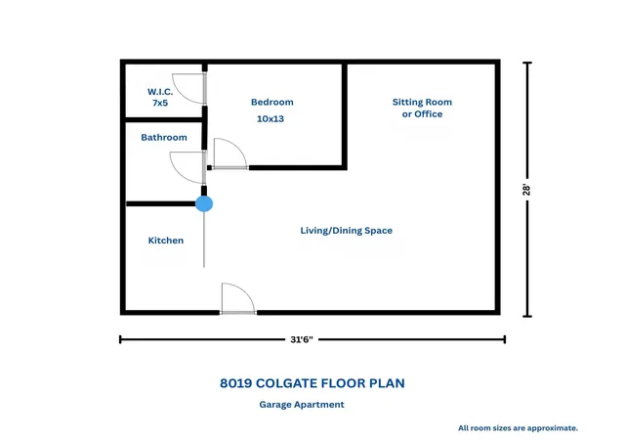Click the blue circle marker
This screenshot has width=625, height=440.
[204, 203]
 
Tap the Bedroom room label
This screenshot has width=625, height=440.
[272, 103]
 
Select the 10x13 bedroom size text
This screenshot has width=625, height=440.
[271, 118]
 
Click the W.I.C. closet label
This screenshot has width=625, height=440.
[160, 92]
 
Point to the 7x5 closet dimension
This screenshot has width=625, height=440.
[160, 103]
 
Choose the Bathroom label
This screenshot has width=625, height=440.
[164, 137]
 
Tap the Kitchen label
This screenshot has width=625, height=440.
[166, 241]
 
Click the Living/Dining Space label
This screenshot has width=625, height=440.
[347, 231]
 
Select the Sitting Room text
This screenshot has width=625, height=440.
[422, 103]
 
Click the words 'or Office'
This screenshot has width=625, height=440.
[422, 114]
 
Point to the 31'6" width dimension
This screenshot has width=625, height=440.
[302, 340]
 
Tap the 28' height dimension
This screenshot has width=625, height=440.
[526, 190]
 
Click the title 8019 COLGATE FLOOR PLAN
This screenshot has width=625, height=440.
[312, 383]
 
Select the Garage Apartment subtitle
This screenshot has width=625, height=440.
[302, 405]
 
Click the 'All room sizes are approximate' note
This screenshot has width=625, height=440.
[518, 428]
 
